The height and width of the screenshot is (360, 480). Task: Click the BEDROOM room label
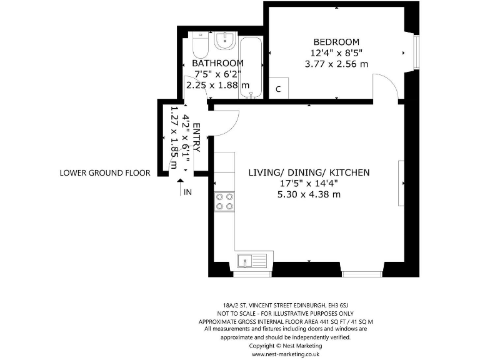coord(336,42)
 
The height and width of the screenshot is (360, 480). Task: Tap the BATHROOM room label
coord(217,63)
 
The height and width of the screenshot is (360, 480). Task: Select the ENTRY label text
coord(197,137)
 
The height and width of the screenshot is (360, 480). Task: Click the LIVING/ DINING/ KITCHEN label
coord(309,172)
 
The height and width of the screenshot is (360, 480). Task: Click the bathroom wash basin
coord(225,41)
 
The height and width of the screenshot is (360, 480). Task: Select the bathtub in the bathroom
coord(251,67)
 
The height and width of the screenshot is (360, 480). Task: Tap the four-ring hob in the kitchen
coord(224,202)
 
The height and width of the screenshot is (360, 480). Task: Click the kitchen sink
coord(252,261)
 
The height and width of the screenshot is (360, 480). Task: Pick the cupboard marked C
coord(278,88)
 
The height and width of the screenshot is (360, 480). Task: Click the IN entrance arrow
coord(181,187)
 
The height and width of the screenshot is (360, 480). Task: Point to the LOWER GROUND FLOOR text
coord(105,173)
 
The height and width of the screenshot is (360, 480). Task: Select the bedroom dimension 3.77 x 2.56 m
coord(336,64)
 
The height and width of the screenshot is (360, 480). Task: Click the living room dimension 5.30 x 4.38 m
coord(309,194)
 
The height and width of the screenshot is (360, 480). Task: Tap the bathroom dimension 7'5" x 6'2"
coord(218,74)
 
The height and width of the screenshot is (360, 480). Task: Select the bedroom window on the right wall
coord(416,52)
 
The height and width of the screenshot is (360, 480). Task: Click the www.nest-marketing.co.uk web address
coord(286,354)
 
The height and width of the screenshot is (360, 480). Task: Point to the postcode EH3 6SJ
coord(338,305)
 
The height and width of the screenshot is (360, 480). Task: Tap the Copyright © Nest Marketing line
coord(286,346)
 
